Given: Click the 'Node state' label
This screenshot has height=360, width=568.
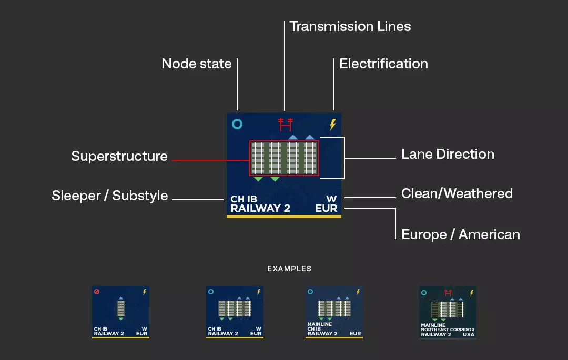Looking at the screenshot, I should click(x=197, y=64).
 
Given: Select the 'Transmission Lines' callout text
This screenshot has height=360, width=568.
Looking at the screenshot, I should click(x=350, y=26).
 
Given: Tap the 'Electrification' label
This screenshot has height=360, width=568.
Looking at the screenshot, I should click(x=383, y=64).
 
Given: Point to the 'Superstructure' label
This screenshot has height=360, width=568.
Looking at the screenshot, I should click(x=119, y=156).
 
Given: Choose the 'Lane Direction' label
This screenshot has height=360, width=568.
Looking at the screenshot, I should click(x=448, y=154).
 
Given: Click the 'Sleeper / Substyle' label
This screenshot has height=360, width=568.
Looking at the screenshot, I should click(x=110, y=196).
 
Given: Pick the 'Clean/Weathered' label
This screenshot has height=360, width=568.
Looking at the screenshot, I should click(x=457, y=193).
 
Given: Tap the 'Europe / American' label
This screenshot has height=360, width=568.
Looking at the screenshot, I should click(x=461, y=234).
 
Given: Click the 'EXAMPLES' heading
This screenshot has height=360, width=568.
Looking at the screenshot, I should click(x=289, y=269).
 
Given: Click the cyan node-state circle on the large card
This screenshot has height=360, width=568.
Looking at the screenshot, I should click(x=237, y=125).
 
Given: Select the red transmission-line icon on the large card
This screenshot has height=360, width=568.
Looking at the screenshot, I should click(x=285, y=125).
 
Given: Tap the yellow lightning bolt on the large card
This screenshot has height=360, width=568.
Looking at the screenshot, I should click(x=332, y=125).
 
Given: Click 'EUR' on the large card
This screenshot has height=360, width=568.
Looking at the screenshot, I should click(x=326, y=208).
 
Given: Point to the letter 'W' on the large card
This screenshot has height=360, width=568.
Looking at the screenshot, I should click(x=331, y=199).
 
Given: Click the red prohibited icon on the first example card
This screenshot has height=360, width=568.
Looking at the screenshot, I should click(x=97, y=292).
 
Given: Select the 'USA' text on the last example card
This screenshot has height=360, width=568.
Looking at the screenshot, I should click(x=468, y=334).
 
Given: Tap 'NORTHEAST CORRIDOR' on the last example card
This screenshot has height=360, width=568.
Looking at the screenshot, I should click(x=448, y=330).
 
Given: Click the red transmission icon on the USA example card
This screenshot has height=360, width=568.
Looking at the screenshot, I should click(x=448, y=292).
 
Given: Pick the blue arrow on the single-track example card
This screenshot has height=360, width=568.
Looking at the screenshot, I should click(x=121, y=298).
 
